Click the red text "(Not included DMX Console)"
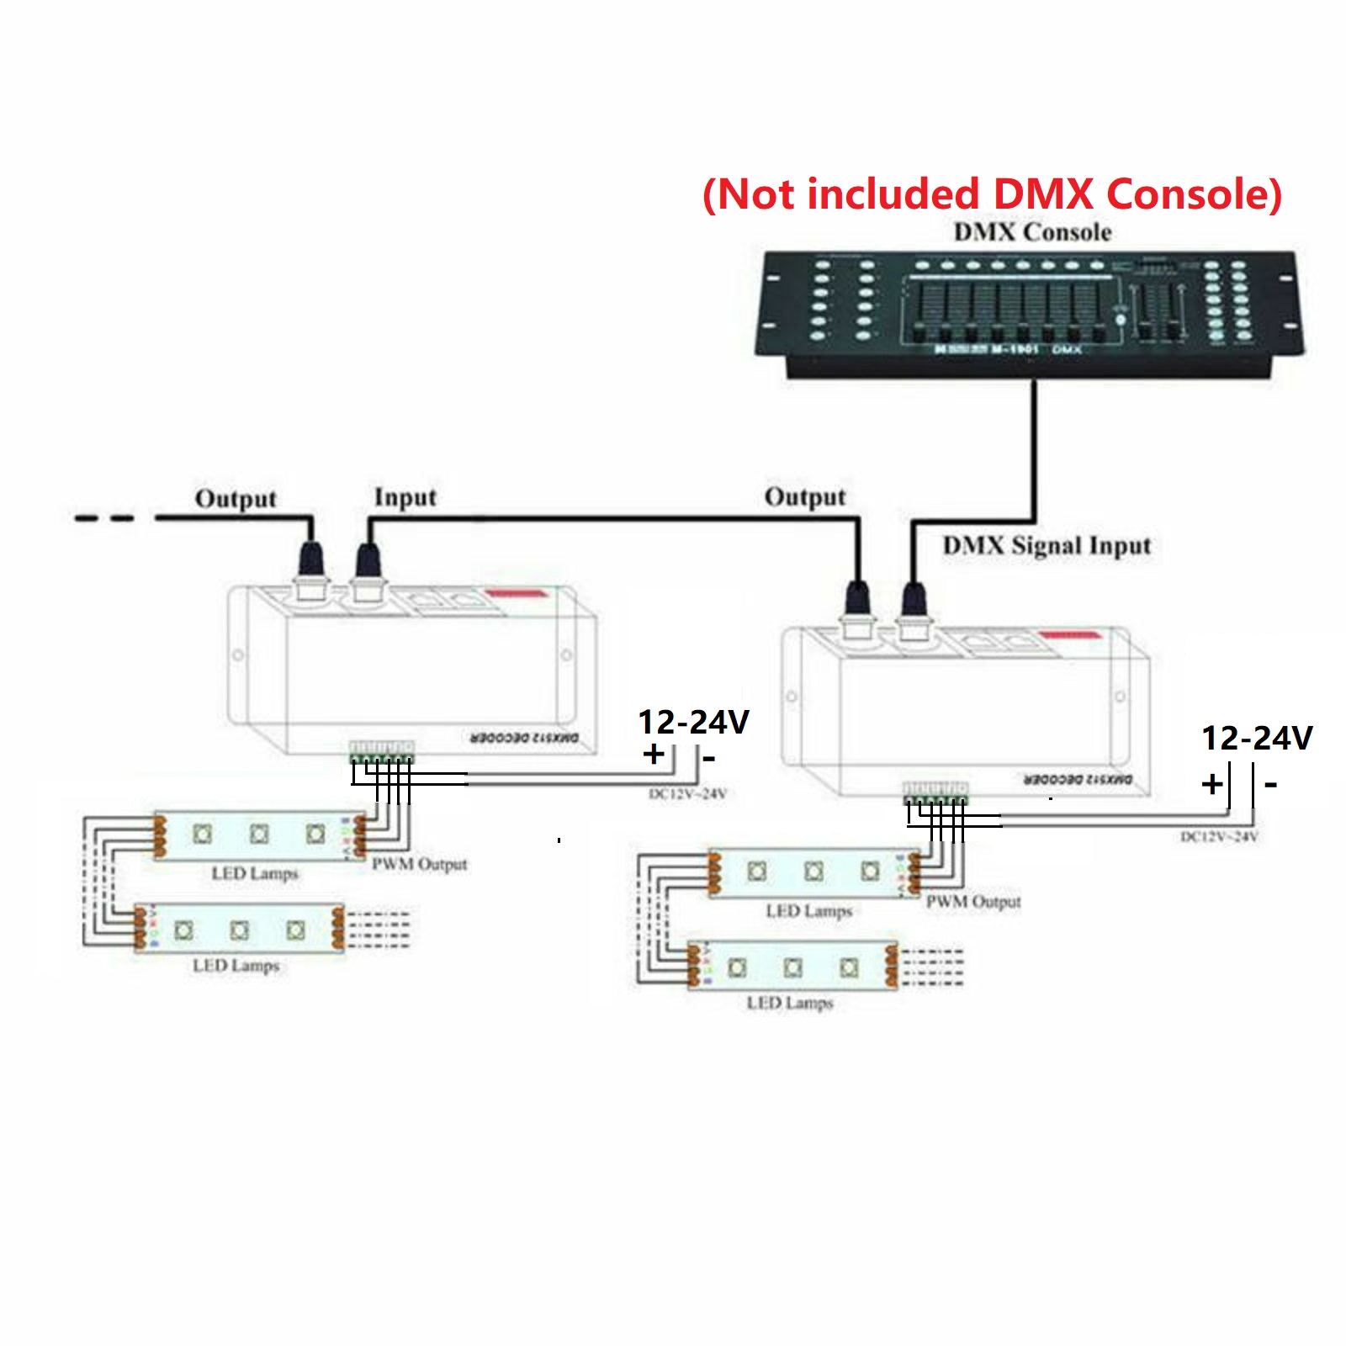click(992, 194)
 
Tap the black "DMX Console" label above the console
click(1032, 232)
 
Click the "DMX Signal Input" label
click(1047, 546)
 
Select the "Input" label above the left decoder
click(405, 497)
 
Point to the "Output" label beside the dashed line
click(236, 499)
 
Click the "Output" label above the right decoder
click(805, 497)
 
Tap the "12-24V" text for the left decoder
click(693, 722)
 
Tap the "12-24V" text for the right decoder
click(1257, 738)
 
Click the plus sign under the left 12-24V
click(653, 754)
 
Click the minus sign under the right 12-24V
click(1270, 785)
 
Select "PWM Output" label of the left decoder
click(419, 864)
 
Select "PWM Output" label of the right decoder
click(973, 902)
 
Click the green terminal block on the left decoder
click(381, 751)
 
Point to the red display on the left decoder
click(517, 594)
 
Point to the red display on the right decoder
click(1070, 635)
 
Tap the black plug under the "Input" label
click(368, 561)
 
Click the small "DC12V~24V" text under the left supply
click(687, 794)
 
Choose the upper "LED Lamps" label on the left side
click(255, 873)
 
